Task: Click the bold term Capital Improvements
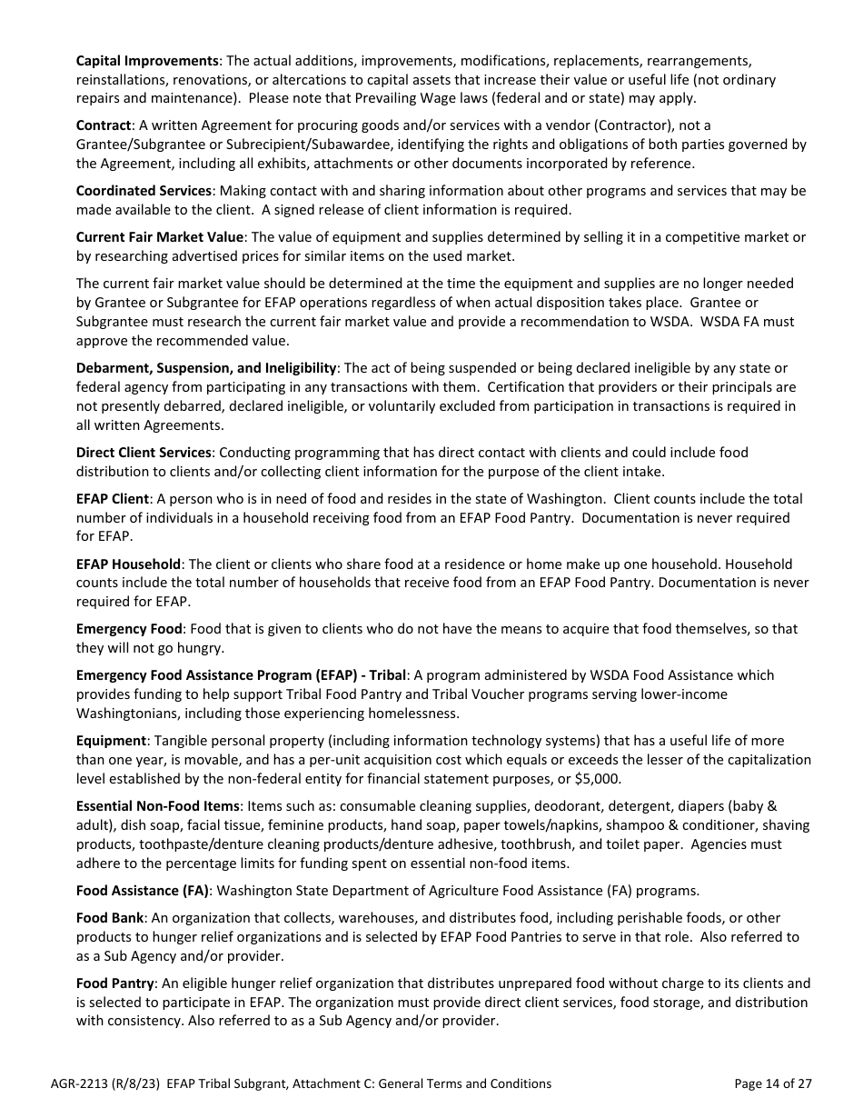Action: (x=147, y=61)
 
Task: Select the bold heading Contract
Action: (x=104, y=125)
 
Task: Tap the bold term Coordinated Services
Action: (x=144, y=191)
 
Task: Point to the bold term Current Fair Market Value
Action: (x=160, y=237)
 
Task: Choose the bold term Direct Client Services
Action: (x=144, y=453)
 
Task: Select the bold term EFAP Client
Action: (x=113, y=499)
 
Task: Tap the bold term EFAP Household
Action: (x=128, y=564)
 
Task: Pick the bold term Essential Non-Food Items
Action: (x=157, y=806)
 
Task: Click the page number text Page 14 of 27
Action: (x=772, y=1083)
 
